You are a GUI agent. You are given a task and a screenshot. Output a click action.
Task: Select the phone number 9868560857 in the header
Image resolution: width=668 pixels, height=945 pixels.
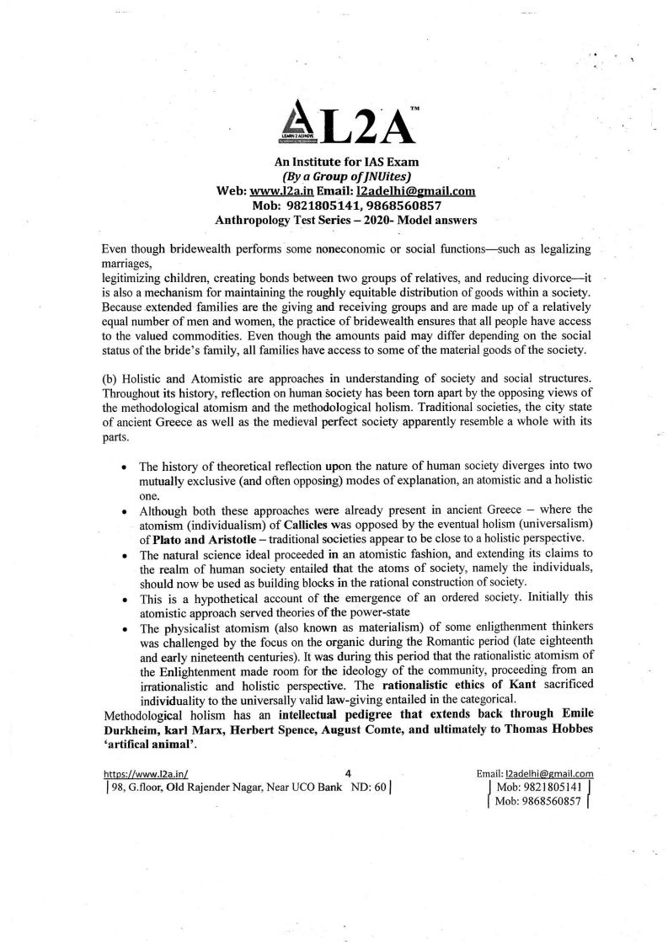404,206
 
